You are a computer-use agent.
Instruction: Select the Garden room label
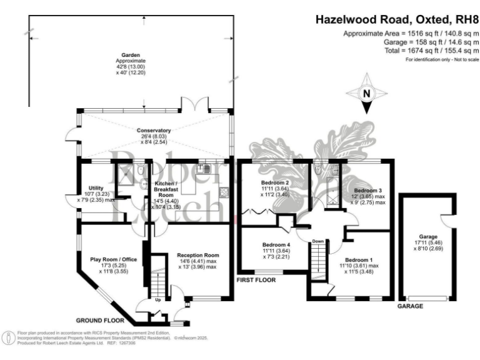coord(130,55)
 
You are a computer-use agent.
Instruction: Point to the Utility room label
coord(96,187)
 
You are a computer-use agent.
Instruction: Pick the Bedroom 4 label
coord(276,244)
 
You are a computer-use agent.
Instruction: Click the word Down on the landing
coord(318,241)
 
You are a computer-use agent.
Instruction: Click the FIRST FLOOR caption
coord(256,281)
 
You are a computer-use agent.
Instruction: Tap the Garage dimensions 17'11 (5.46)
coord(427,244)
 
